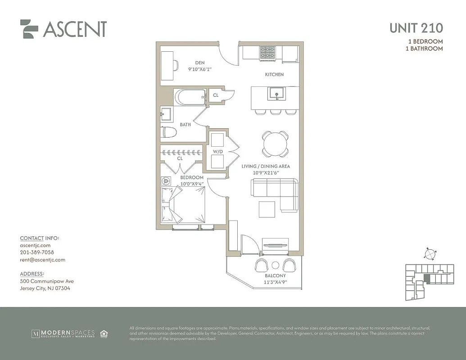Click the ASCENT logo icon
[x=29, y=29]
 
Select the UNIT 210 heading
[x=416, y=28]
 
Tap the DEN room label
[x=200, y=63]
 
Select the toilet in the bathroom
[x=169, y=133]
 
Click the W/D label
[x=217, y=152]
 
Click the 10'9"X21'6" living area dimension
[x=266, y=173]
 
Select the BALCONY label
[x=275, y=276]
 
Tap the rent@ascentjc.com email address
[x=42, y=260]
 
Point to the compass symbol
[x=430, y=254]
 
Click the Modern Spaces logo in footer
[x=63, y=333]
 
